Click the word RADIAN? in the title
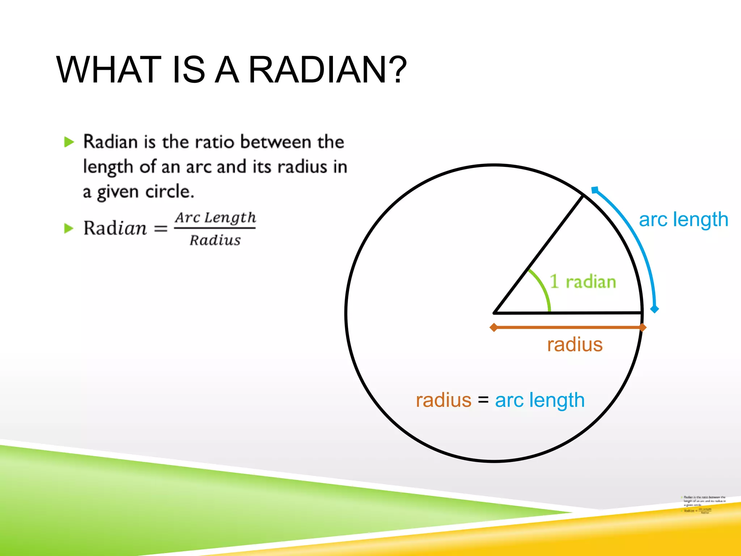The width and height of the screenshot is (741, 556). point(327,69)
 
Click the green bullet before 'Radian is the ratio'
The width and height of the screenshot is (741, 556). point(68,142)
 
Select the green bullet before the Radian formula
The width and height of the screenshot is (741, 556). point(68,228)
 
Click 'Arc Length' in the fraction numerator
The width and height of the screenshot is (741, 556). point(215,218)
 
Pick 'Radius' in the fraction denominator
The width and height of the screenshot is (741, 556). point(215,240)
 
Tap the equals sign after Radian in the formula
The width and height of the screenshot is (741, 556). point(161,228)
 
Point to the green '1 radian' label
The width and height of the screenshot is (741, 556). point(583,282)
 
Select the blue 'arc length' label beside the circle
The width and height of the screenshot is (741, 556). point(683,219)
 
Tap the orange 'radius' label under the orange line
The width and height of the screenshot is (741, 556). point(575,344)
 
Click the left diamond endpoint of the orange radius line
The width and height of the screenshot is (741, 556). point(494,328)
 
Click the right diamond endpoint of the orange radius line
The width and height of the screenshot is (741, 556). point(643,328)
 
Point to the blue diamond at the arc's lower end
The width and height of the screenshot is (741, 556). point(655,309)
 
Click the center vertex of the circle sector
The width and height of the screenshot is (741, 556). point(495,312)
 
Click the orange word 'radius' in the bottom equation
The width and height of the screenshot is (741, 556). point(444,400)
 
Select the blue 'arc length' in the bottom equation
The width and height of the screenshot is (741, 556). point(539,400)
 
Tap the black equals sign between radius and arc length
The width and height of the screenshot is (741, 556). point(483,400)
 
